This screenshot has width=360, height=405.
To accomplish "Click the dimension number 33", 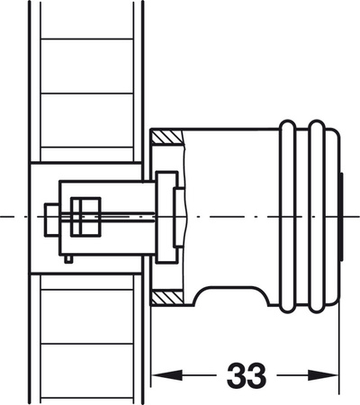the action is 247,374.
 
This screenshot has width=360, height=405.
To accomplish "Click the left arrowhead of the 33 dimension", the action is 166,375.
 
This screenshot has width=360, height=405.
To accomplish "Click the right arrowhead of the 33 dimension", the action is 323,375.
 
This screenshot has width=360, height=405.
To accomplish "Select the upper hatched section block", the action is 166,137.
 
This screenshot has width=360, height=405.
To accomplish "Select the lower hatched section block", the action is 166,298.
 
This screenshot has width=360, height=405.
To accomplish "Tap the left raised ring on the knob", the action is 287,216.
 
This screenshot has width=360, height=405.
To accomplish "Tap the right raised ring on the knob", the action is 317,216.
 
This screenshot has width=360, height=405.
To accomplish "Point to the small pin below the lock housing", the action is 68,259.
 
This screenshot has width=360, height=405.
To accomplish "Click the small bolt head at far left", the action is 51,220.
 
